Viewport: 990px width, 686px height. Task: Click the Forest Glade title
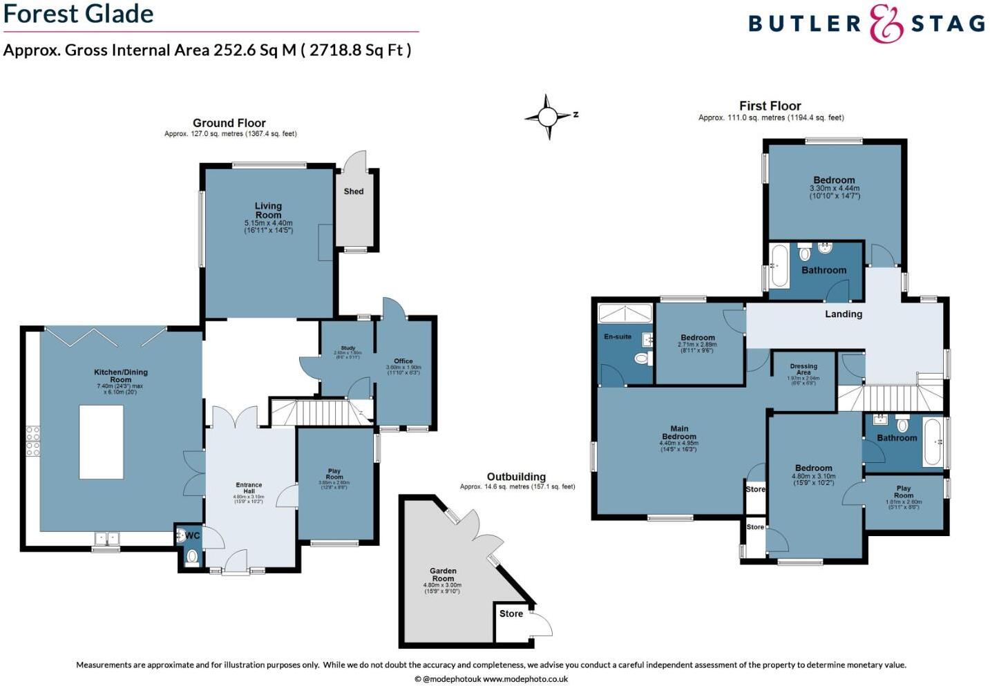(78, 14)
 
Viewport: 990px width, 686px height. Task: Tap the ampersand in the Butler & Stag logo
(886, 24)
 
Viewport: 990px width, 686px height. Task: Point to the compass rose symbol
(548, 117)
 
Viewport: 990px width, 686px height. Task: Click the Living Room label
(268, 210)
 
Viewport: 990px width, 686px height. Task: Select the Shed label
(354, 191)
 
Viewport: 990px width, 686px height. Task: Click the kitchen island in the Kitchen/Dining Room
(102, 442)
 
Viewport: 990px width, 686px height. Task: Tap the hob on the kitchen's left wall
(32, 441)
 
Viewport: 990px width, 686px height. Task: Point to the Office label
(403, 361)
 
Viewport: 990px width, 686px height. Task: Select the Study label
(348, 348)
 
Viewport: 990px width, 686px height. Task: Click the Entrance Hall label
(249, 488)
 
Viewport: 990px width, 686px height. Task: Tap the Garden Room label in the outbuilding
(443, 575)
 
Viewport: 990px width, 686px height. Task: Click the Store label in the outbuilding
(511, 613)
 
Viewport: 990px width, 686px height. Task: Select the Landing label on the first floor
(844, 314)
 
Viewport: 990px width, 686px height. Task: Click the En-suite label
(618, 336)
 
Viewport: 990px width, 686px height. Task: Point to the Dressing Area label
(803, 370)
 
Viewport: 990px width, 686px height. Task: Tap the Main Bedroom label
(679, 432)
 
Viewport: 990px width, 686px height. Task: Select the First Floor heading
(770, 106)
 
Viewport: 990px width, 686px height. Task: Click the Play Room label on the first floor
(904, 492)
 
